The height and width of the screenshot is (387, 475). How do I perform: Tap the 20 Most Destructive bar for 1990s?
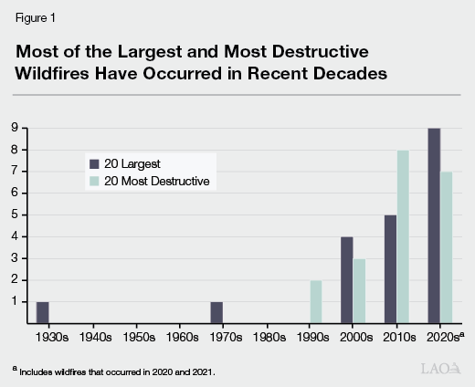pos(316,302)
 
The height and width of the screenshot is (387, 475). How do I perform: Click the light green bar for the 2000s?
pos(360,291)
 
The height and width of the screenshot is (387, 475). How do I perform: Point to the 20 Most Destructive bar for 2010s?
pos(404,237)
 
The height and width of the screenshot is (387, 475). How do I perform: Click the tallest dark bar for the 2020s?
pos(434,226)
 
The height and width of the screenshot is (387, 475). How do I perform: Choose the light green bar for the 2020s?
pos(448,247)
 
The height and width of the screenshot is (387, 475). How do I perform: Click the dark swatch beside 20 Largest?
pos(93,164)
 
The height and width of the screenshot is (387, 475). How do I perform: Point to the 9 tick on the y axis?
pos(16,128)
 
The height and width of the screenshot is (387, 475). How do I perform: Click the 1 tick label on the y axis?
pos(16,301)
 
